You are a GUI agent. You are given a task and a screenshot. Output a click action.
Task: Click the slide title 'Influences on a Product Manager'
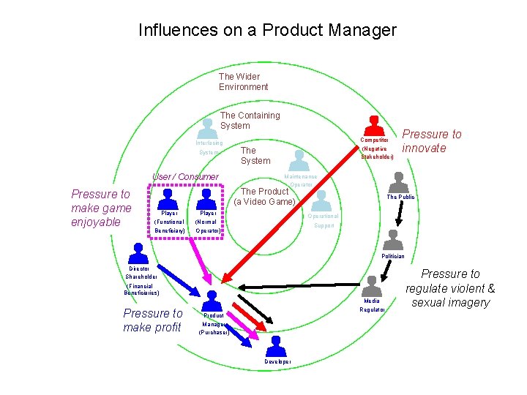coord(267,30)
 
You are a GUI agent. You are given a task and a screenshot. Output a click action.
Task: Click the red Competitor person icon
coord(375,126)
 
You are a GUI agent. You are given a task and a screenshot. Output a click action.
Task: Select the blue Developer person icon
coord(276,346)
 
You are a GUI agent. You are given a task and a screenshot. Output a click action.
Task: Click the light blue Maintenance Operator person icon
coord(299,160)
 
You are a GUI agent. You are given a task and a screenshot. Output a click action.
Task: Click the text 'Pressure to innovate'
coord(432,141)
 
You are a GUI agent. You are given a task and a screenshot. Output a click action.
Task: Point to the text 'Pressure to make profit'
coord(152,320)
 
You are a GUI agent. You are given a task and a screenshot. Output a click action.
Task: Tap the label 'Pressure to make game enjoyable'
coord(101,208)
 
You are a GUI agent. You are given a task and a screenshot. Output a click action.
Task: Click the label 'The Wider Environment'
coord(243,81)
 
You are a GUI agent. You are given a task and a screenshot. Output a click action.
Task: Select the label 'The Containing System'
coord(250,120)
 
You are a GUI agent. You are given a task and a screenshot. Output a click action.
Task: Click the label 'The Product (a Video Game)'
coord(264,197)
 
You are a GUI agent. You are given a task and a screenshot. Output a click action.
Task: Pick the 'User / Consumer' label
coord(184,177)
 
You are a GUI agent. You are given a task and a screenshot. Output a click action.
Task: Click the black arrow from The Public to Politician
coord(400,212)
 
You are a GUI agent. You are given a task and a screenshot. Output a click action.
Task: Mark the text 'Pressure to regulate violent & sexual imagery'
coord(450,288)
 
